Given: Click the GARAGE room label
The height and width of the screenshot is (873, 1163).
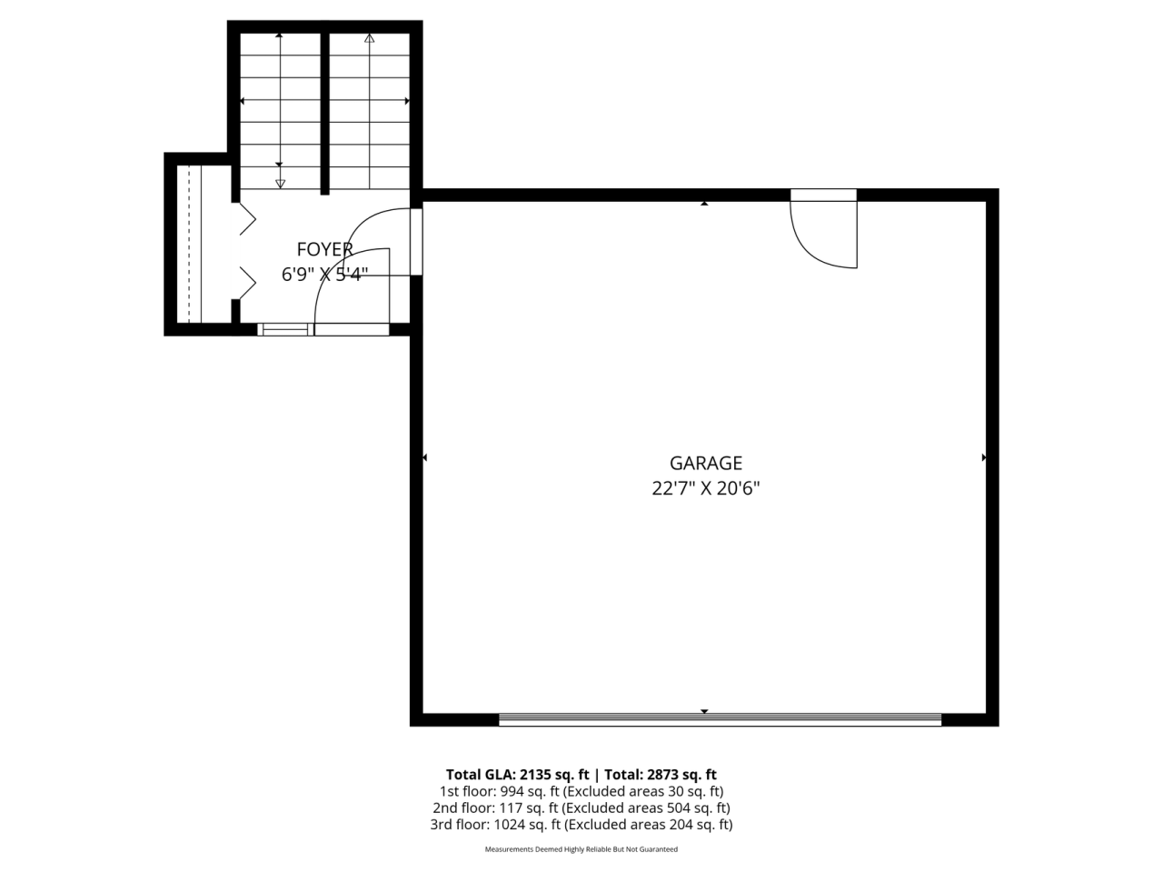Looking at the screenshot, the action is click(705, 463).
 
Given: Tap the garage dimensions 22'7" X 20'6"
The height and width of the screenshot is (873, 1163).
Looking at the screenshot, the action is click(705, 488).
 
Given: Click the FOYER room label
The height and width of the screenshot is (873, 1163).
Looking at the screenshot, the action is click(324, 249).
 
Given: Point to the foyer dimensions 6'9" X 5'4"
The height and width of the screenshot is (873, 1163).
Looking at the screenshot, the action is click(324, 274).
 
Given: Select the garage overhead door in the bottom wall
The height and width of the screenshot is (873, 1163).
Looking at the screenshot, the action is click(720, 719).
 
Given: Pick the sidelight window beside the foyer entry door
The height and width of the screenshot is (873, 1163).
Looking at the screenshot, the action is click(285, 330).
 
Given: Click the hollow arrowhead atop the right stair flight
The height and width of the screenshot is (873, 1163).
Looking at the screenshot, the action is click(369, 38).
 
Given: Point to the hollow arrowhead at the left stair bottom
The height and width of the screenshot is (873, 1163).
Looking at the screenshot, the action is click(280, 184).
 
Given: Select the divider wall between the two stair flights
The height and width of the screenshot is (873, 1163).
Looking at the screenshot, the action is click(324, 114).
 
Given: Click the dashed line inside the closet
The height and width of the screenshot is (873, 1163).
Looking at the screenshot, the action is click(189, 244).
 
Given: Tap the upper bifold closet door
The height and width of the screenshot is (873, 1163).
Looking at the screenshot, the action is click(247, 219).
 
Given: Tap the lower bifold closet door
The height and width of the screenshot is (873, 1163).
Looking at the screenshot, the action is click(247, 283).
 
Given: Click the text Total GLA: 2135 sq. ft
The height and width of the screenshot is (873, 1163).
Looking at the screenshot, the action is click(517, 775).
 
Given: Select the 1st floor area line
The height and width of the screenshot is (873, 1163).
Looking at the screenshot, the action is click(581, 791).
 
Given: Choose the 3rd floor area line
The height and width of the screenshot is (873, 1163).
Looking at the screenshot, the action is click(581, 825).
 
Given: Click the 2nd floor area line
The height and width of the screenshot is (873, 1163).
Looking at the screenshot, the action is click(581, 808).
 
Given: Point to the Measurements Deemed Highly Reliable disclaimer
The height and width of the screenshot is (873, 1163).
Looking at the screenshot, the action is click(581, 849).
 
